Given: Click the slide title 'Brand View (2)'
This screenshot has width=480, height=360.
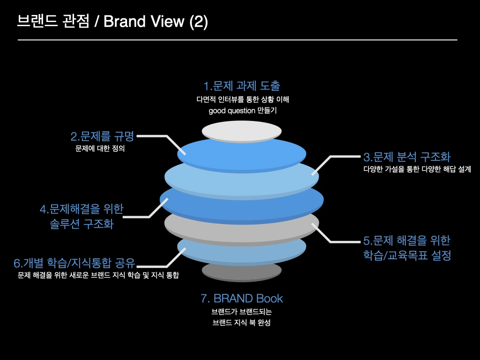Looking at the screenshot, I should tap(155, 22).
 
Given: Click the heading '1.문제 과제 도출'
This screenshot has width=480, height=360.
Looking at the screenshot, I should tap(242, 86).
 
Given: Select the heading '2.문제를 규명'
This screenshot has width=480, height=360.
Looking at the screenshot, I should tap(102, 136).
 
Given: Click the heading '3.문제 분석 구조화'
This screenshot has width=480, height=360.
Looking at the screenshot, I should tap(407, 157).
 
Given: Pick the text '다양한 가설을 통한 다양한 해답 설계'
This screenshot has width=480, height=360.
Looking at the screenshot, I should tap(417, 169).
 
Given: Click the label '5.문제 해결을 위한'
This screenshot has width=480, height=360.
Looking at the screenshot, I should tap(407, 240).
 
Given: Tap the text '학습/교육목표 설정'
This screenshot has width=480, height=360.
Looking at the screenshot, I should tap(407, 256).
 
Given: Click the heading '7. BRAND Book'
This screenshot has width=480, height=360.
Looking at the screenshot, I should tap(242, 298).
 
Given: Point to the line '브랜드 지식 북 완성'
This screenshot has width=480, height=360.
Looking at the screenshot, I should tap(242, 323).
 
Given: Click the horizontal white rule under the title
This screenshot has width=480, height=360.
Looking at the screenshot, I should tap(237, 40).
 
